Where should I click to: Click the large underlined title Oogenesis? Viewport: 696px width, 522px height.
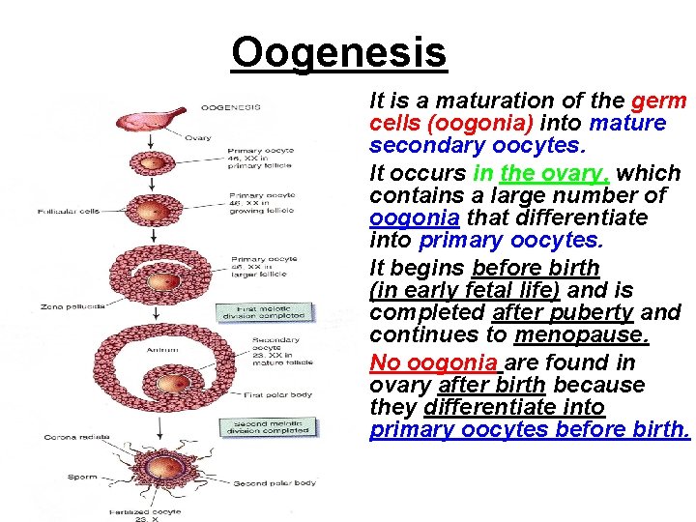pos(339,52)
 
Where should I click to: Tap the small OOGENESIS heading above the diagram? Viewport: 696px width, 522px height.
pos(229,106)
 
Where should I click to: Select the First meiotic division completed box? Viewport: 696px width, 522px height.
pos(264,312)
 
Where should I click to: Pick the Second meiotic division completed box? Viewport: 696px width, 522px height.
pos(264,426)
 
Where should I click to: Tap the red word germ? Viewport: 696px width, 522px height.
pos(658,101)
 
